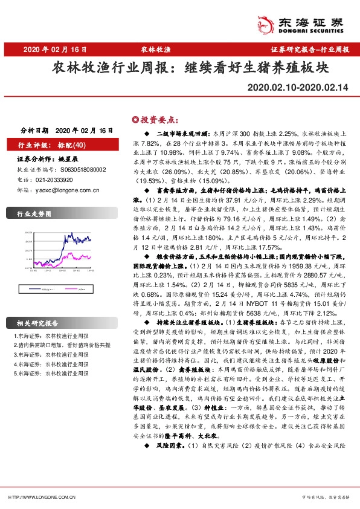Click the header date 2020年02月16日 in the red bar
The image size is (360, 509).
coord(53,50)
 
